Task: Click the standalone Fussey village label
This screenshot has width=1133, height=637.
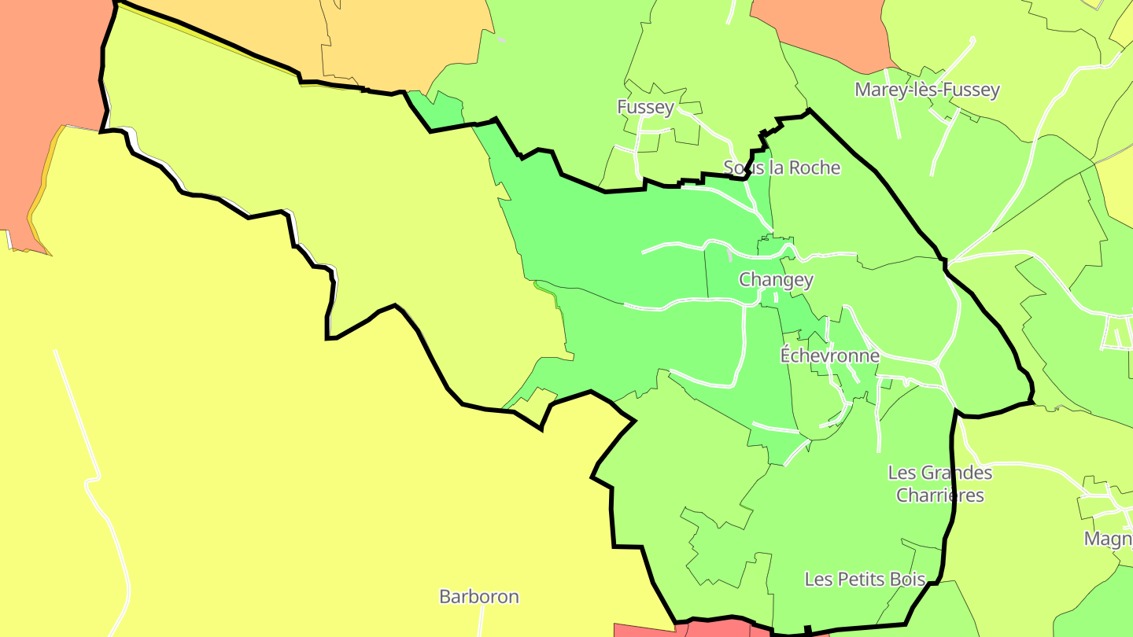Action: click(x=645, y=107)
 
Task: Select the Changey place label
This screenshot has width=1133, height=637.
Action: click(x=776, y=279)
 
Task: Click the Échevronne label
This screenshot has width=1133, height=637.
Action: click(x=829, y=355)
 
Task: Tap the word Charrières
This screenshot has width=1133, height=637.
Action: click(x=940, y=495)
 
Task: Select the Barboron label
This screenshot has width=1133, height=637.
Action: click(x=478, y=597)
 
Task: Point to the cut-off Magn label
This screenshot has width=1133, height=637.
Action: click(x=1108, y=539)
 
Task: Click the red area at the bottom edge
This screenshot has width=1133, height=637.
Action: click(x=645, y=630)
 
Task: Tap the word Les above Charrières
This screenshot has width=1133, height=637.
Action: click(x=902, y=473)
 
